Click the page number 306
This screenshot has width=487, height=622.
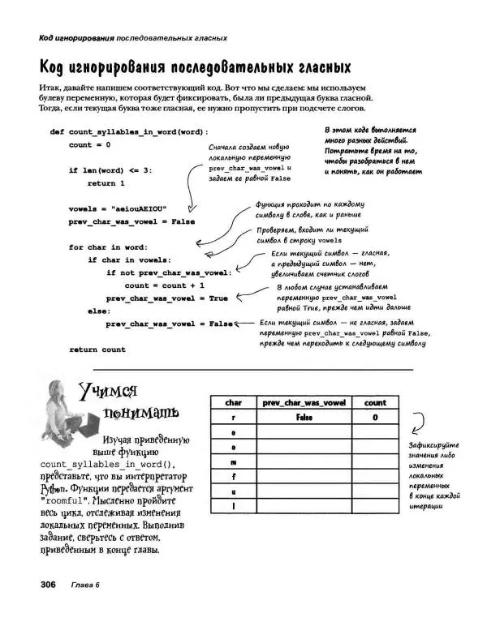(x=42, y=586)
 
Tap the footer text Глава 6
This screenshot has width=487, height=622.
(x=84, y=586)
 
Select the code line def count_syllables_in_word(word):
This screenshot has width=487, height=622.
(x=129, y=131)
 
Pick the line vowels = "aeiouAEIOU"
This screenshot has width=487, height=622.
(x=117, y=208)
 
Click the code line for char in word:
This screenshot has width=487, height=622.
(x=107, y=247)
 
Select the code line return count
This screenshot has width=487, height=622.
(x=97, y=350)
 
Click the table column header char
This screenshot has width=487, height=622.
(x=233, y=402)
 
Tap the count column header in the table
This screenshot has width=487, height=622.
(x=375, y=402)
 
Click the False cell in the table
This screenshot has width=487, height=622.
(x=304, y=417)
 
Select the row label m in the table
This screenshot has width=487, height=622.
(x=233, y=461)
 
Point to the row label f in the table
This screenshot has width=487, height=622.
(x=233, y=476)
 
